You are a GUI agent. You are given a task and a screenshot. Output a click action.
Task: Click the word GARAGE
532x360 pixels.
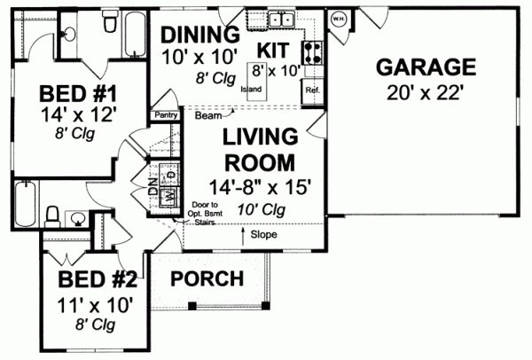(426, 67)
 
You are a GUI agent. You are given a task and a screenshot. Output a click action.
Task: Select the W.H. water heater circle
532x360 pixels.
(338, 18)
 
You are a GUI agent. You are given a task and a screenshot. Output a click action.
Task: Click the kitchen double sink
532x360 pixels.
(283, 18)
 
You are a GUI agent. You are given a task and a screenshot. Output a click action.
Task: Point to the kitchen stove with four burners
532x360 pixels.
(312, 51)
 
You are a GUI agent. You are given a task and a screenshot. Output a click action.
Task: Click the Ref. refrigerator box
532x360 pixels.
(312, 90)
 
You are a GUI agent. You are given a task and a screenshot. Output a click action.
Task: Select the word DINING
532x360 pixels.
(199, 35)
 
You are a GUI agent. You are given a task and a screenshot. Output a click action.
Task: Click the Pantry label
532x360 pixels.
(166, 114)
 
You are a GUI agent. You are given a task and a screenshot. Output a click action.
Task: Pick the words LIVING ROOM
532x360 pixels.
(258, 151)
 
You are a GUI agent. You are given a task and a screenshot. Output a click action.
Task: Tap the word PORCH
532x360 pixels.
(207, 278)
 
